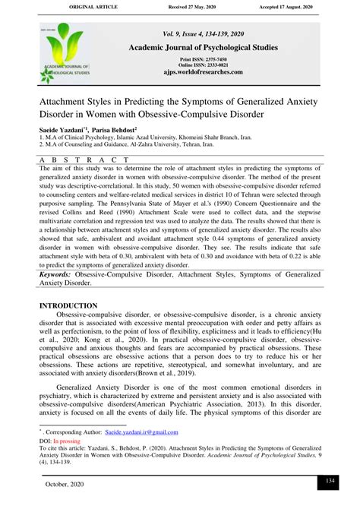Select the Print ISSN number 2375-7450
(x=223, y=58)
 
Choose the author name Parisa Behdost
(x=114, y=133)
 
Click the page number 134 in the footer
(x=330, y=482)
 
